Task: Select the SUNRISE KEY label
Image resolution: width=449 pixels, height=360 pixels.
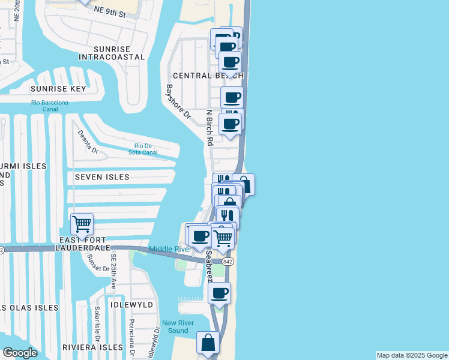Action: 58,89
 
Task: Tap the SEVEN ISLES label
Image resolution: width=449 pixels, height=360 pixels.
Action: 102,177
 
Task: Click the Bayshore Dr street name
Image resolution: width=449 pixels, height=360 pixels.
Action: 178,101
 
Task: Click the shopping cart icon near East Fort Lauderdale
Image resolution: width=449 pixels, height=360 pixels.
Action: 82,225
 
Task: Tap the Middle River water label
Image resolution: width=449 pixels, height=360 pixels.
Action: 170,249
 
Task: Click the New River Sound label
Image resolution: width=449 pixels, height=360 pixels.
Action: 178,326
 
